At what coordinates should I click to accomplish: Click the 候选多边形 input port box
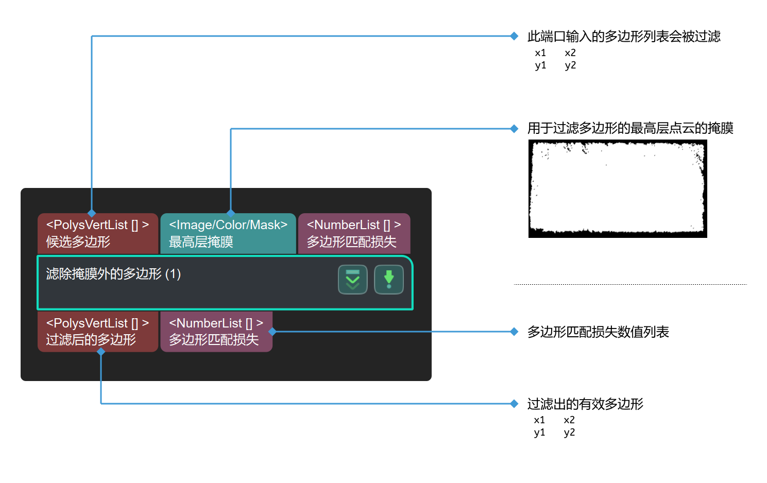[97, 233]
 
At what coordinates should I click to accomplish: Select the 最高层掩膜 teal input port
[228, 233]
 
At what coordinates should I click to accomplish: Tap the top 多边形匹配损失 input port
[354, 233]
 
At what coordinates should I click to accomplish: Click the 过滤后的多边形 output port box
[97, 332]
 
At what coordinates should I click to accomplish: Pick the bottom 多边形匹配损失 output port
[216, 332]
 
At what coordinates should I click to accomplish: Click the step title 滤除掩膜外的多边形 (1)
[113, 273]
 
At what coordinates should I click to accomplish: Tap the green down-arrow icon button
[388, 280]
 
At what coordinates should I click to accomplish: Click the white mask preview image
[617, 188]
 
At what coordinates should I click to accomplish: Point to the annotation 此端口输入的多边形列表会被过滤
[623, 37]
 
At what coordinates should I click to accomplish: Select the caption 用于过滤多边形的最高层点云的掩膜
[629, 128]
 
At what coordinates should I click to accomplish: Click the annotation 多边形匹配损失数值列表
[598, 332]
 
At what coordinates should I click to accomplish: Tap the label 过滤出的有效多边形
[585, 404]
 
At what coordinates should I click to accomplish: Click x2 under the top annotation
[570, 53]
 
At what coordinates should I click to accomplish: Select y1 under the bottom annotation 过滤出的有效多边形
[539, 433]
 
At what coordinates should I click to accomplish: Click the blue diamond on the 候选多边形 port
[92, 213]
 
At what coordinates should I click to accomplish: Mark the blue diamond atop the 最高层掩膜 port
[231, 213]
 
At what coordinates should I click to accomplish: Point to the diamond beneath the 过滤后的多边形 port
[101, 352]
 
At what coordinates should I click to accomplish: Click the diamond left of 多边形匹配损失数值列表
[514, 332]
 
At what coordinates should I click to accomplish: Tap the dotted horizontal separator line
[629, 284]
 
